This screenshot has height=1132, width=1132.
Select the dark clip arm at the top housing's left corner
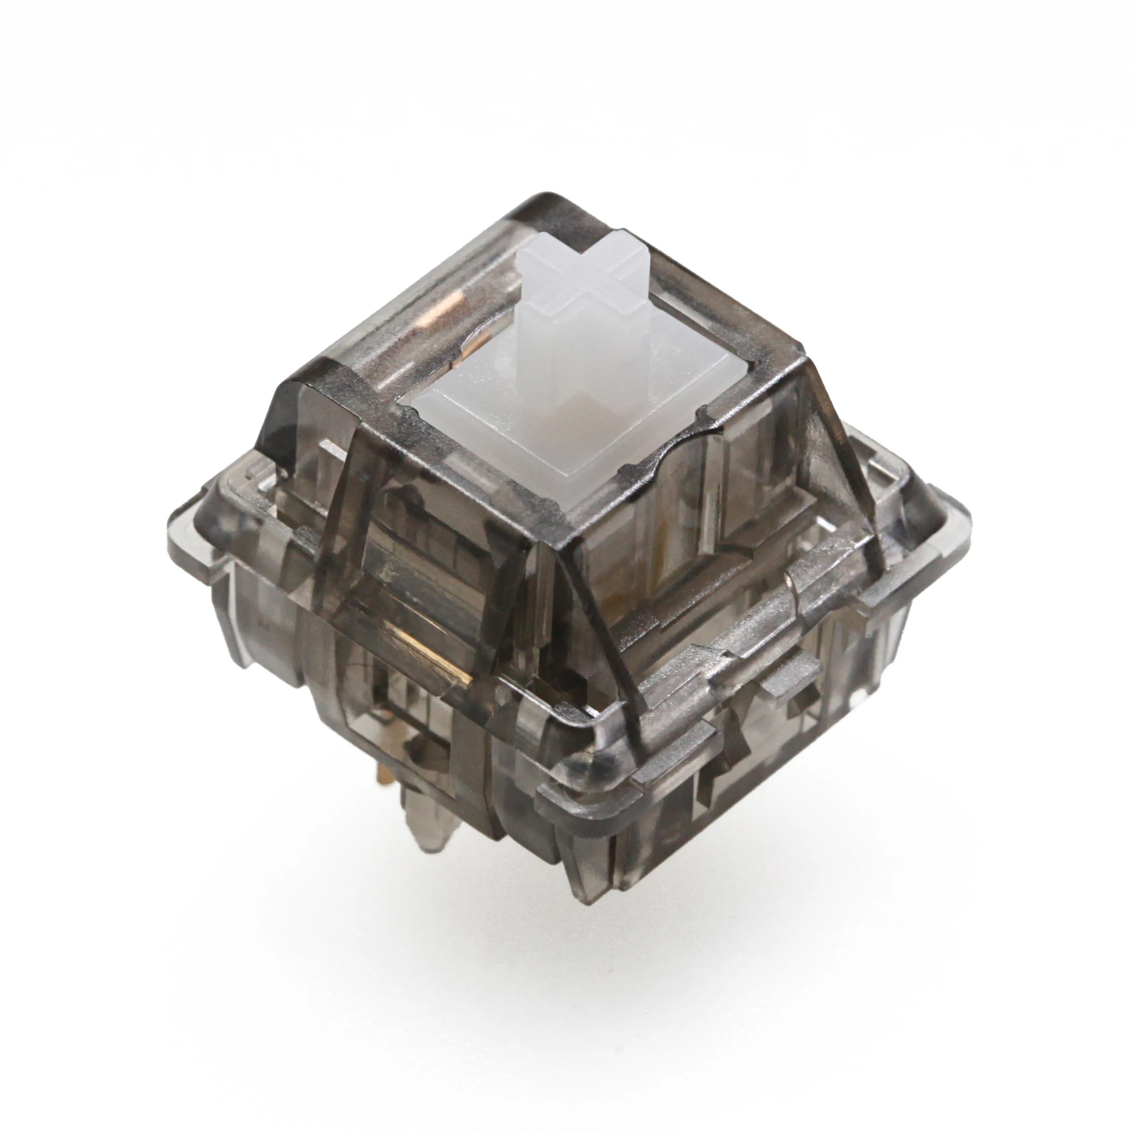coord(281,410)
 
